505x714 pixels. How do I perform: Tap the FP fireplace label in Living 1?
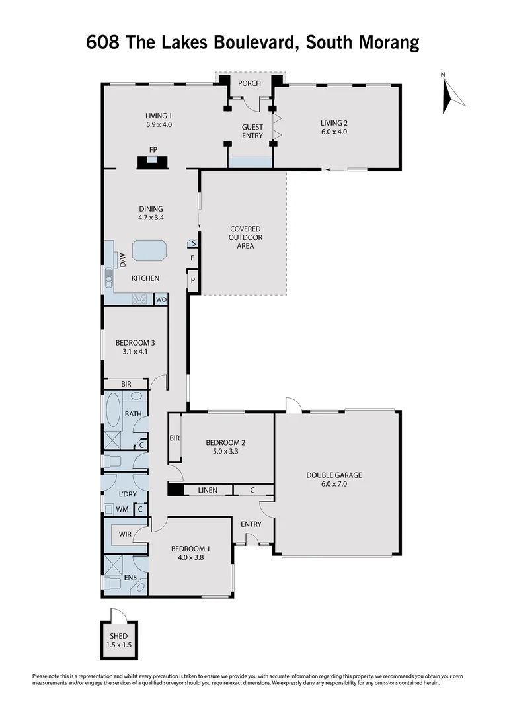tap(153, 150)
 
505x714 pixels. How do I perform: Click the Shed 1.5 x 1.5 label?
tap(119, 639)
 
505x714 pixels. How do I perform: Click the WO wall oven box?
tap(160, 299)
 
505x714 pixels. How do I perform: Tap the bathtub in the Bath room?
tap(112, 411)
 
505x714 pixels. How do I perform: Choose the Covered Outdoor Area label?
tap(245, 237)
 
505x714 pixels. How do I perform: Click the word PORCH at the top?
tap(250, 83)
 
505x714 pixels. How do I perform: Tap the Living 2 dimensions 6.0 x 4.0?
tap(334, 132)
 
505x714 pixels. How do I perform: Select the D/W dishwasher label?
tap(122, 260)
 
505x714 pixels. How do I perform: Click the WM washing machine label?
tap(122, 509)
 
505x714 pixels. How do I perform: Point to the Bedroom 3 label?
tap(135, 342)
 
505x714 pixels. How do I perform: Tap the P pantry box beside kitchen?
tap(192, 280)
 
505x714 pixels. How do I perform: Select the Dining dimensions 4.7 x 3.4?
tap(150, 218)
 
